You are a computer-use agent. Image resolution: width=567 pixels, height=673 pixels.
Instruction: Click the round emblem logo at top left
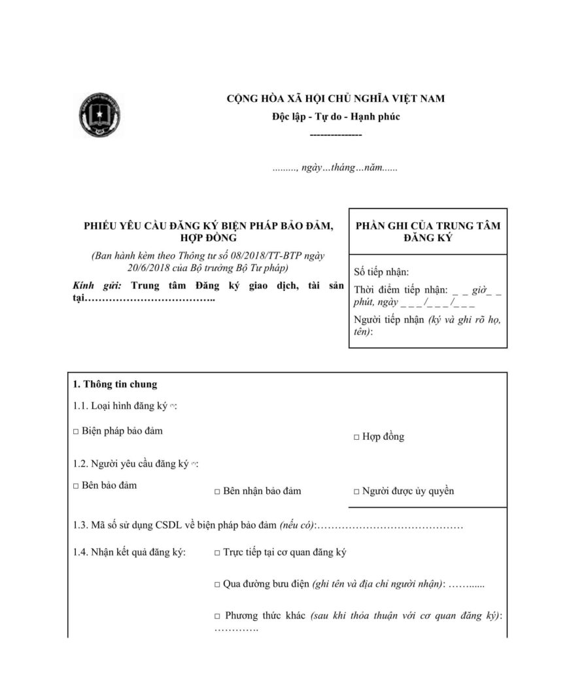click(101, 116)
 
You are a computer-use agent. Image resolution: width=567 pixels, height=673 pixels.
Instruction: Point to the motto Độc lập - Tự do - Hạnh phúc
click(335, 117)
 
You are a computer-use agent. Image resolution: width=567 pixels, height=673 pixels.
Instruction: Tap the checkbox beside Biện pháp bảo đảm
click(76, 432)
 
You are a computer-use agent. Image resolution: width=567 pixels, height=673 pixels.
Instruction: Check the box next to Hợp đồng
click(356, 437)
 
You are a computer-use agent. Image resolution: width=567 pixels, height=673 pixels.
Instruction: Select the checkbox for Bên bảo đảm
click(76, 486)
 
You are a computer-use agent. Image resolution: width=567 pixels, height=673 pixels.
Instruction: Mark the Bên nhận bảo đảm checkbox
click(217, 491)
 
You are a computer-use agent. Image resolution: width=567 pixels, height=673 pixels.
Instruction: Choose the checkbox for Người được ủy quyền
click(356, 491)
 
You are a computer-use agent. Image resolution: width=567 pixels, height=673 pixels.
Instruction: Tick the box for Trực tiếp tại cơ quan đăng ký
click(217, 553)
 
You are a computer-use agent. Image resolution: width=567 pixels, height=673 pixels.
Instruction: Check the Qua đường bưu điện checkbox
click(217, 584)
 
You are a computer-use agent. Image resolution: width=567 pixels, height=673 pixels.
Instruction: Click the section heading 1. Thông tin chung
click(115, 384)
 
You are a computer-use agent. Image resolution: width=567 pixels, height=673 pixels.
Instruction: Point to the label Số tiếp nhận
click(381, 272)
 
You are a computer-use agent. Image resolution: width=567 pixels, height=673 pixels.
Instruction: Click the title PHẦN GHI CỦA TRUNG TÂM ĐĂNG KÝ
click(428, 231)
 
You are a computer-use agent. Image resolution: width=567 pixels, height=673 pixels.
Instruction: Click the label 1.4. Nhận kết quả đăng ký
click(129, 553)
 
